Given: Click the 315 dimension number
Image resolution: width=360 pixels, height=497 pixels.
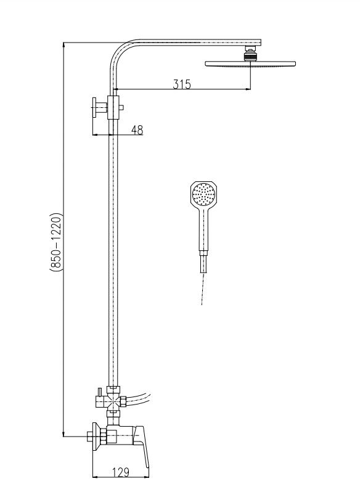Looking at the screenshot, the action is [182, 84].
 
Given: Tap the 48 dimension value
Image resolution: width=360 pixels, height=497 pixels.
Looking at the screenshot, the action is [137, 129].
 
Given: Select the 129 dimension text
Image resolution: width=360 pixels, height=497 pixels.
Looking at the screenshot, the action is [121, 472].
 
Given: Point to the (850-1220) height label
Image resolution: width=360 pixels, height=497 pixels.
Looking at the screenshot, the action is [57, 242].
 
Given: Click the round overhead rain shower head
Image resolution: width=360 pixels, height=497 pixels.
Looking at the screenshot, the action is [250, 64].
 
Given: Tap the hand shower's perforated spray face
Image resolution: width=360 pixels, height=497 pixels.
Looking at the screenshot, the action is [203, 194].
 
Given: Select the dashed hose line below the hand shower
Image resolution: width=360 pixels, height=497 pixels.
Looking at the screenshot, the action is [203, 289].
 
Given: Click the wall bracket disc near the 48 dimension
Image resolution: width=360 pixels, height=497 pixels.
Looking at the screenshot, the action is [94, 107].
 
